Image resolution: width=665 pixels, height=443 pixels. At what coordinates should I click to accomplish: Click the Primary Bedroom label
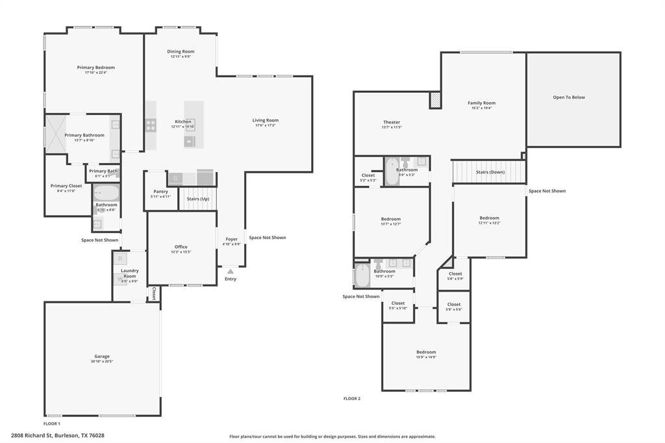[95, 68]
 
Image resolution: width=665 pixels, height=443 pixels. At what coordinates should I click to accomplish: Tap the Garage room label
[102, 356]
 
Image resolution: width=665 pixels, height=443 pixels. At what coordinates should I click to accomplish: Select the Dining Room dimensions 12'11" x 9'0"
[181, 57]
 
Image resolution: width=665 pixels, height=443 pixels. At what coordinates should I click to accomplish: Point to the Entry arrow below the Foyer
[231, 271]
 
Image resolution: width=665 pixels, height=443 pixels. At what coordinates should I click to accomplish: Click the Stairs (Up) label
[197, 199]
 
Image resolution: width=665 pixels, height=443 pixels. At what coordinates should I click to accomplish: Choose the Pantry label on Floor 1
[160, 192]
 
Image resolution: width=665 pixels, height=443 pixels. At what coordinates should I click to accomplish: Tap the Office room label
[181, 247]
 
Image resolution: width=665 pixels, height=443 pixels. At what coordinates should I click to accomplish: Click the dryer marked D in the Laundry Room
[121, 259]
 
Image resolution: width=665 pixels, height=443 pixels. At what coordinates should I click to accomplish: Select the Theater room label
[392, 122]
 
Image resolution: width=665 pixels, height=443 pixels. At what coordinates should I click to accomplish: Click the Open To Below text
[569, 97]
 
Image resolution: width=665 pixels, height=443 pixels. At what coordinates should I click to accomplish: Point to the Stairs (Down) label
[490, 172]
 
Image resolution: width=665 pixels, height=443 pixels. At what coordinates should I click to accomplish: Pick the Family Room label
[481, 103]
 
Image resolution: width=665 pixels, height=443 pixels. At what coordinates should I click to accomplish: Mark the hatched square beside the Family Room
[435, 100]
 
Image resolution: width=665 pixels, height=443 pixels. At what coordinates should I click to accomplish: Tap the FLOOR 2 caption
[351, 398]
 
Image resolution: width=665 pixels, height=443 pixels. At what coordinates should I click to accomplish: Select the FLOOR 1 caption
[52, 423]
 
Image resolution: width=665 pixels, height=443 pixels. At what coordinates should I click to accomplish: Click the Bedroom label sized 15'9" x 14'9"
[426, 352]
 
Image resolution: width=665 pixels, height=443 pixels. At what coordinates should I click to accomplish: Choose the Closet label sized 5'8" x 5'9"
[455, 273]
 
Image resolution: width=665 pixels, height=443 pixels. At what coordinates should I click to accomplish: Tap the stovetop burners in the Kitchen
[151, 124]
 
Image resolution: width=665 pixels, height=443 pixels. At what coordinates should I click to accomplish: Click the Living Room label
[265, 120]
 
